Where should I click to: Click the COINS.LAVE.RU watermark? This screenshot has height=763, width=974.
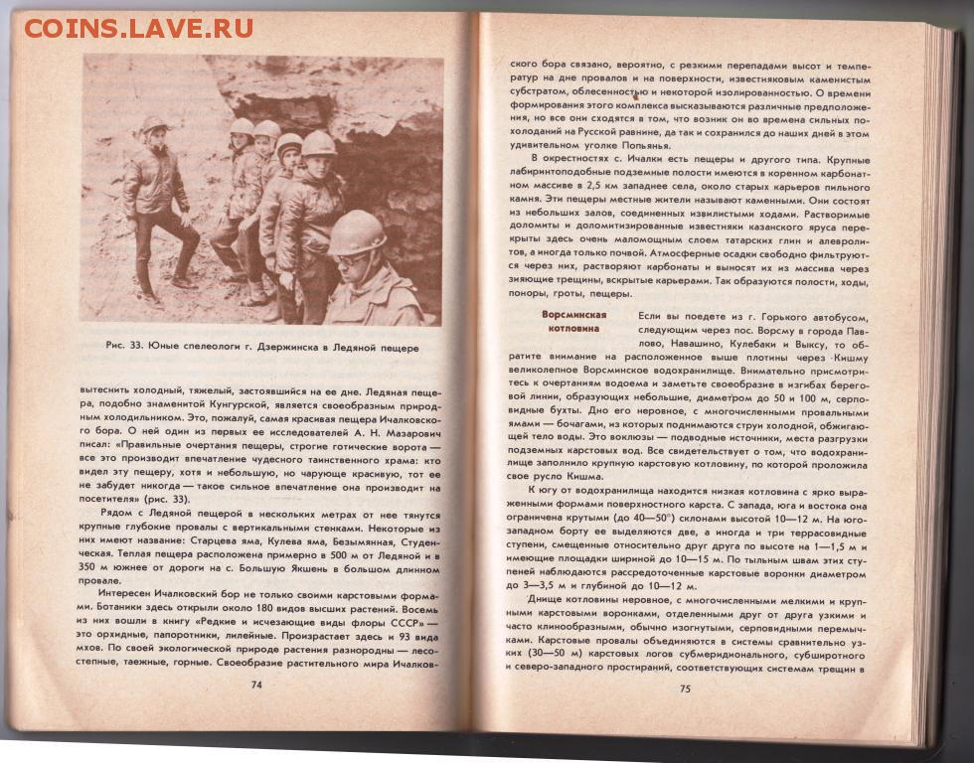tap(138, 27)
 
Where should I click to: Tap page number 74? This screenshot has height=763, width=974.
tap(256, 685)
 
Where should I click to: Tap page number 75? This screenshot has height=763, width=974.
tap(685, 688)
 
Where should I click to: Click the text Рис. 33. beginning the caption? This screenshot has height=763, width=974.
tap(127, 348)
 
